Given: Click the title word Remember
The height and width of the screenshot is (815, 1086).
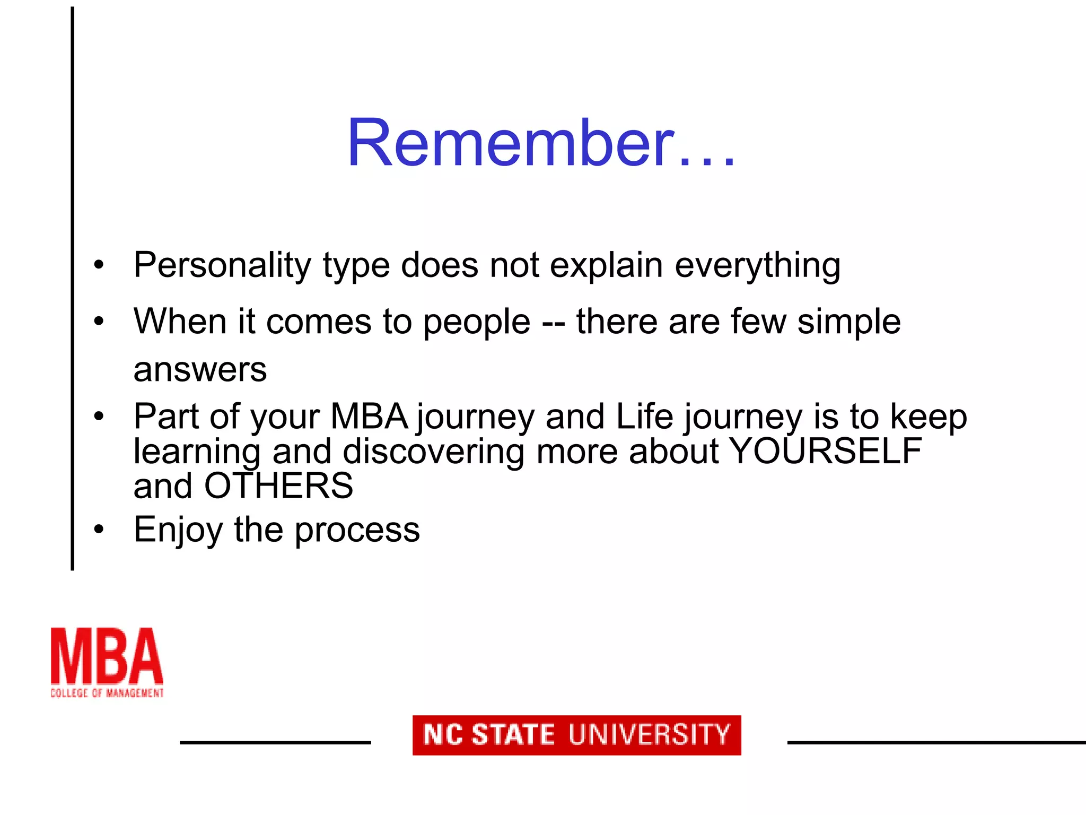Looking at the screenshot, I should [x=541, y=143].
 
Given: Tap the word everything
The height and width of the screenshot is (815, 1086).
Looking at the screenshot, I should [x=757, y=265].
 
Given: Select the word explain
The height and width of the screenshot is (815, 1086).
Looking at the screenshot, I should [x=606, y=265].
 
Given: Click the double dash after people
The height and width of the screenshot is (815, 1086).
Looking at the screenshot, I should [x=553, y=323].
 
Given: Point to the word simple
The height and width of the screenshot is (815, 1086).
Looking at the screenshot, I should [x=848, y=322].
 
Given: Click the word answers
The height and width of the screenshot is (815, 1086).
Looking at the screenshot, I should [x=200, y=369].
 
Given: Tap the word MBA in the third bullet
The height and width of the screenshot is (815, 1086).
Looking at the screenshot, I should [x=369, y=416].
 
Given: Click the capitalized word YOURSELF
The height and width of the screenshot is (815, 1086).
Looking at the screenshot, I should [x=825, y=451].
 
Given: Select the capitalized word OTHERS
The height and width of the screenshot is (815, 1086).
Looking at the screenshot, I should [x=278, y=485].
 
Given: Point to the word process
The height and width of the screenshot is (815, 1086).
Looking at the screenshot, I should [x=357, y=530].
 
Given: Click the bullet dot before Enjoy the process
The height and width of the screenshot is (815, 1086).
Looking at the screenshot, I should [x=99, y=529].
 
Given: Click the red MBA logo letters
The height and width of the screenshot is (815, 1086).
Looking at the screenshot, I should [x=107, y=656].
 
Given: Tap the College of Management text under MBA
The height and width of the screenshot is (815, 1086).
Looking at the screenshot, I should [x=107, y=692].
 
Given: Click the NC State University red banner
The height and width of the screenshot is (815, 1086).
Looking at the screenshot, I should [x=576, y=735].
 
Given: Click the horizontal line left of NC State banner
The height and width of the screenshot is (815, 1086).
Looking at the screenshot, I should [x=275, y=742].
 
